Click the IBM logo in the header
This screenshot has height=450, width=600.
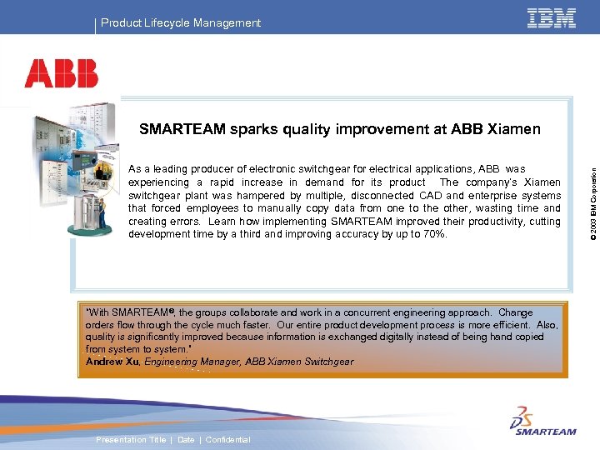(x=551, y=18)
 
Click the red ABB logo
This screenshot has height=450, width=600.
(x=61, y=73)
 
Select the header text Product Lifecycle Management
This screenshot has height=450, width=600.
(x=181, y=23)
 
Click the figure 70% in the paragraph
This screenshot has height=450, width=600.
(x=433, y=234)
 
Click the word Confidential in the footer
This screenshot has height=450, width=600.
(x=227, y=440)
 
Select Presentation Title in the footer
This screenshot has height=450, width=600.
(x=131, y=440)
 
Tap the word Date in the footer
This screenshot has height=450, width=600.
(x=186, y=440)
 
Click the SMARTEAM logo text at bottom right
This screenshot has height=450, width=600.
(x=545, y=432)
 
